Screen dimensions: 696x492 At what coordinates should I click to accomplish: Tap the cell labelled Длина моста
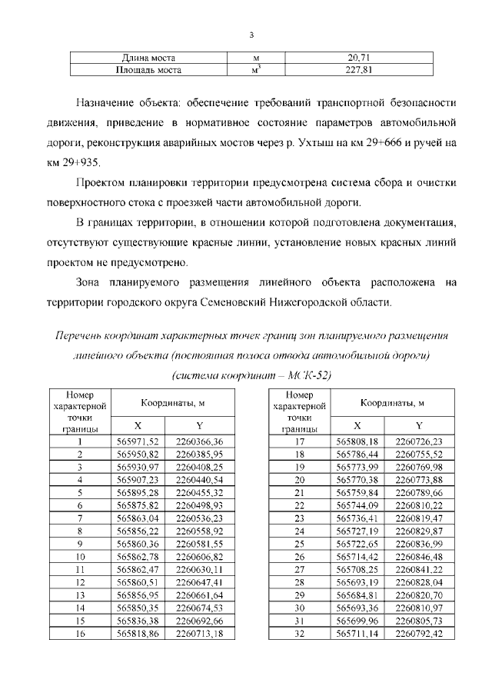148,58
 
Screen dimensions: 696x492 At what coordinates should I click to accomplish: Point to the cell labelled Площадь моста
148,70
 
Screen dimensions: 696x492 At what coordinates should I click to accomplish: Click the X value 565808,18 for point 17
357,441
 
